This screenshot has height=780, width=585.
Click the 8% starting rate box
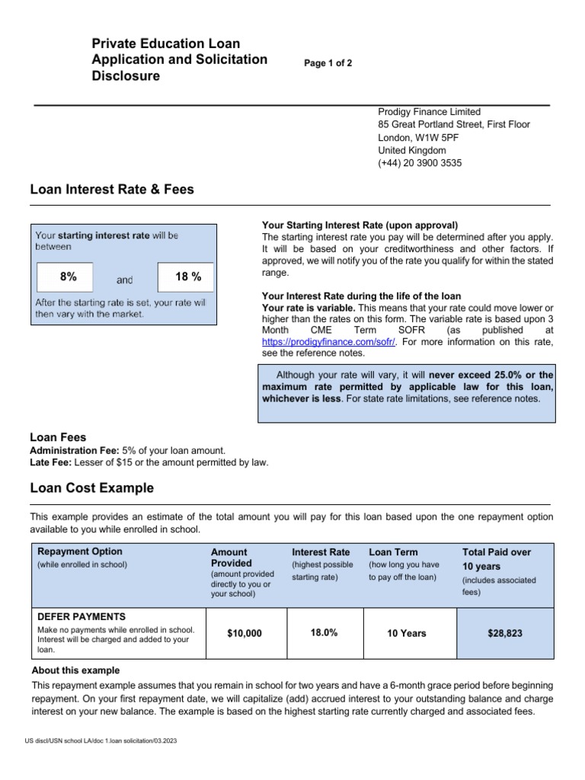click(x=65, y=277)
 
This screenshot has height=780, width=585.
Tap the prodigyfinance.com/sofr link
click(x=329, y=342)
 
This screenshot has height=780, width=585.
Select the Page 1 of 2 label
click(x=328, y=63)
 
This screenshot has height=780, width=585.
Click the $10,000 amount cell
click(x=245, y=633)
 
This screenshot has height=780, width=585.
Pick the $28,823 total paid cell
click(x=505, y=633)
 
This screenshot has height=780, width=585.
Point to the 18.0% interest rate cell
click(x=324, y=633)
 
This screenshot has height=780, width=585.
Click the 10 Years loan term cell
click(x=407, y=633)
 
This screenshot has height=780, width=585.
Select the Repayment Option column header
click(x=80, y=551)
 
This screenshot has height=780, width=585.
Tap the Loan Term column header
click(x=393, y=551)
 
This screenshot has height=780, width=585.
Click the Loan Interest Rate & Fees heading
click(x=112, y=190)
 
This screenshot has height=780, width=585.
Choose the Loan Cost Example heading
click(x=91, y=488)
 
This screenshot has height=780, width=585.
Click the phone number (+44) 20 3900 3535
click(x=420, y=163)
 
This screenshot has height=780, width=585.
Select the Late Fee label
click(x=50, y=462)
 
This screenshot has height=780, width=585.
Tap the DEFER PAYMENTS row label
click(x=82, y=616)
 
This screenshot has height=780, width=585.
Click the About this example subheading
click(x=75, y=670)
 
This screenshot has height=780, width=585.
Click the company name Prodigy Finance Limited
click(x=429, y=111)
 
